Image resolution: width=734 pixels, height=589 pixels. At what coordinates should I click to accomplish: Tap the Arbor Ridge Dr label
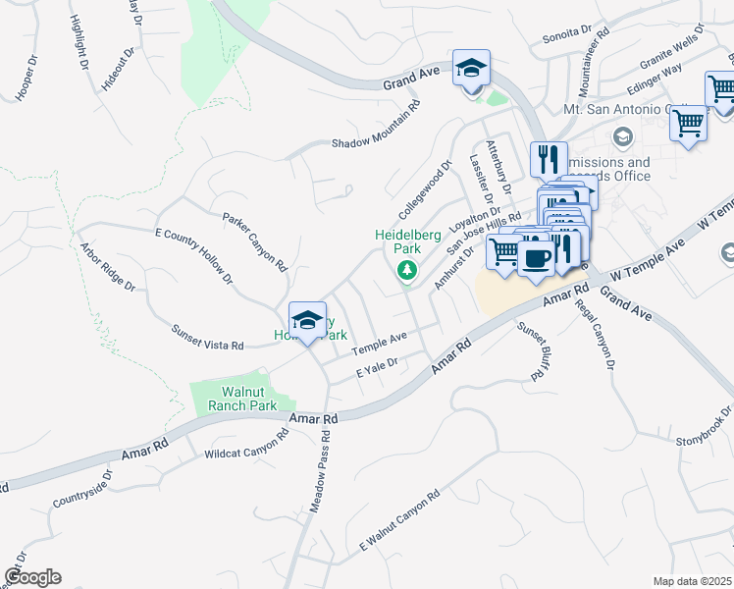(107, 268)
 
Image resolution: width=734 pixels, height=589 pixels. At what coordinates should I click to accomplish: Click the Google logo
(32, 577)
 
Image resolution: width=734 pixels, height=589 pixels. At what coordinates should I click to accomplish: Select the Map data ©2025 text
(692, 581)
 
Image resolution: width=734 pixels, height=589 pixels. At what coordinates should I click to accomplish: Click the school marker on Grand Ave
(472, 70)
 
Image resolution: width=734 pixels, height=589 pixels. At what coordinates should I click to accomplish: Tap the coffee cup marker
(536, 259)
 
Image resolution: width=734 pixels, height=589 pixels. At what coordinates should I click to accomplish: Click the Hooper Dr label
(26, 78)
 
